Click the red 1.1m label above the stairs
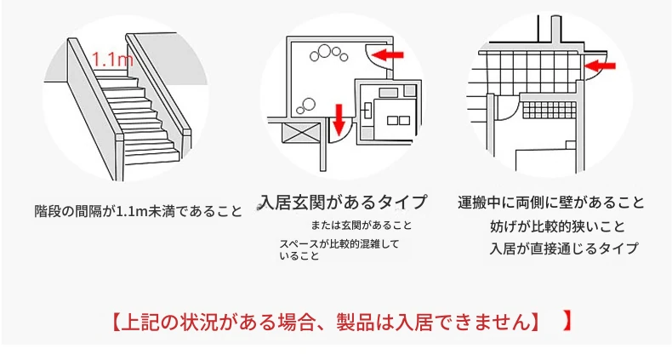(113, 60)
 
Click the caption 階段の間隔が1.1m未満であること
(139, 211)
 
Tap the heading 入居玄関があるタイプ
(344, 202)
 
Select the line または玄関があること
(362, 225)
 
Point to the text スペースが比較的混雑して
(339, 244)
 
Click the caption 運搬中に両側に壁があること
(551, 203)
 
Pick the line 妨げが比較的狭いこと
(557, 226)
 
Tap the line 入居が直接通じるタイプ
(564, 249)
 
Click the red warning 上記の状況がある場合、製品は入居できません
(327, 322)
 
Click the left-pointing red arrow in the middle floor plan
(387, 54)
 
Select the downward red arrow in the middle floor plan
(339, 118)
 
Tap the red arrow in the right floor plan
(600, 66)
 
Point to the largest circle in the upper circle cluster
(325, 52)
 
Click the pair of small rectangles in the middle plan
(398, 121)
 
